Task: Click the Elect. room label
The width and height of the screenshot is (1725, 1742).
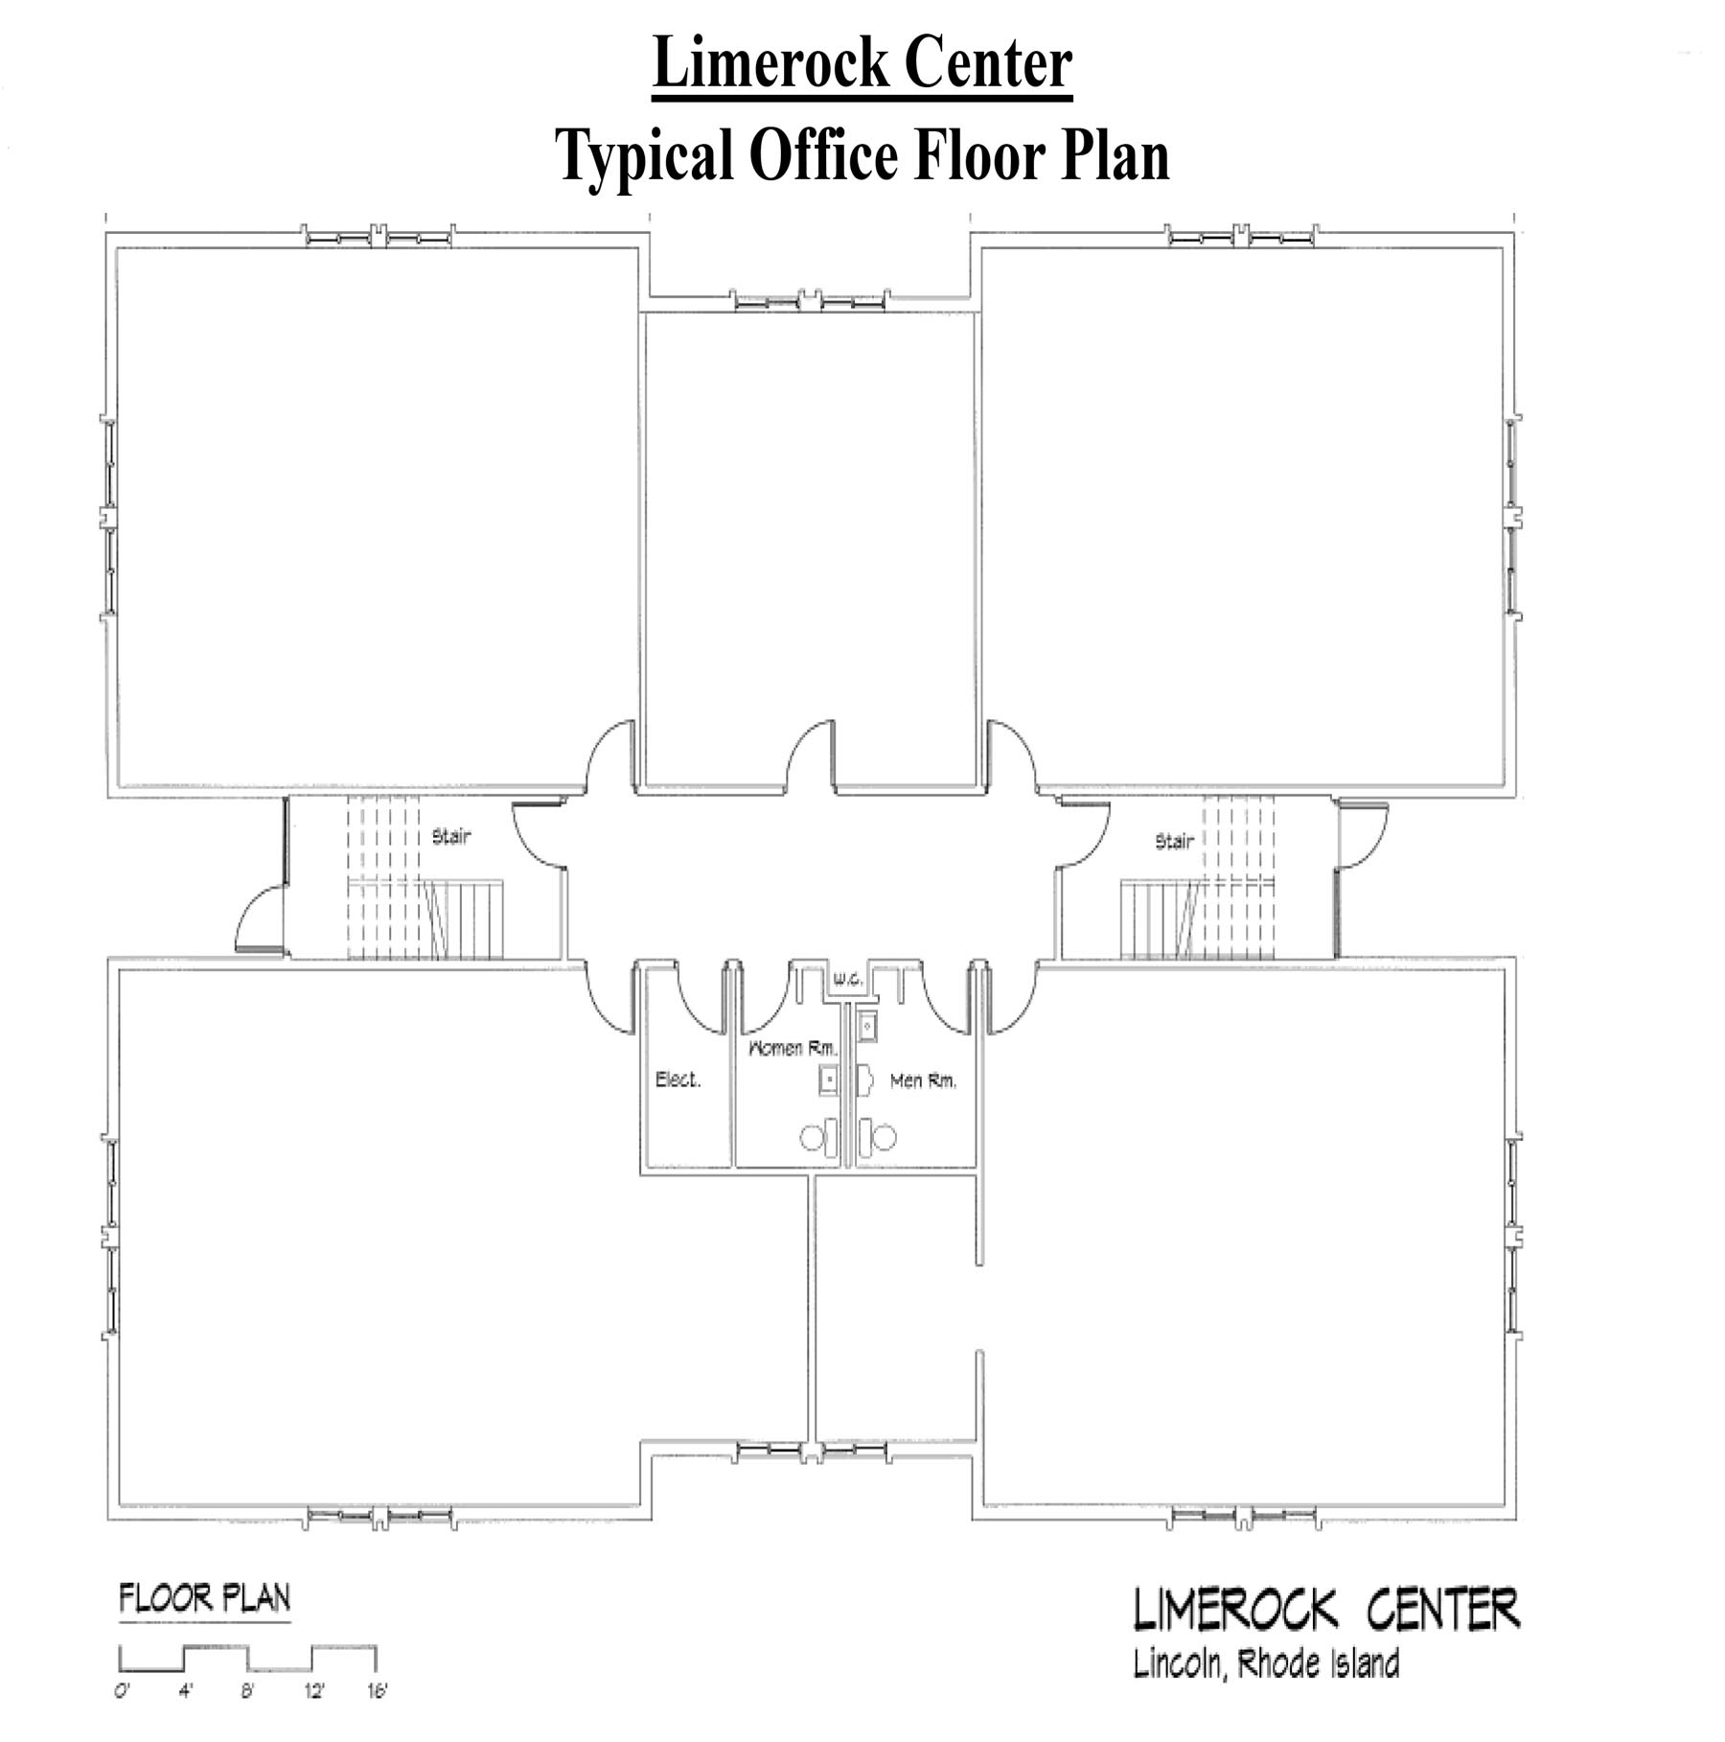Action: click(678, 1080)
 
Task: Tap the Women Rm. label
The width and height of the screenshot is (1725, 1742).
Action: click(793, 1048)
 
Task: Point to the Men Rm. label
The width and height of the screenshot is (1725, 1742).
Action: click(924, 1081)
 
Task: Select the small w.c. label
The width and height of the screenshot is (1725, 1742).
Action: click(848, 980)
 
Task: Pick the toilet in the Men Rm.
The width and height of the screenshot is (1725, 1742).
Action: click(877, 1137)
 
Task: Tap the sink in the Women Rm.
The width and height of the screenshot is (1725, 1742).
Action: click(829, 1080)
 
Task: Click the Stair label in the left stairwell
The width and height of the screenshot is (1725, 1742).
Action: click(451, 836)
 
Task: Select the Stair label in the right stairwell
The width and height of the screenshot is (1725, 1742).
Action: click(1174, 841)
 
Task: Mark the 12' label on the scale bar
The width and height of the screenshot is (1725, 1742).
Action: click(314, 1691)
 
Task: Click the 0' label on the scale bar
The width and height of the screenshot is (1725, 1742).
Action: click(122, 1691)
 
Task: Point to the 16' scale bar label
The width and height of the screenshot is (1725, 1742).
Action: click(377, 1691)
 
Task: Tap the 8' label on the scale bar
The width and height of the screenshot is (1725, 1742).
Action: click(247, 1691)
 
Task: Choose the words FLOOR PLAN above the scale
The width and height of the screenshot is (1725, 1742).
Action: click(204, 1598)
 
